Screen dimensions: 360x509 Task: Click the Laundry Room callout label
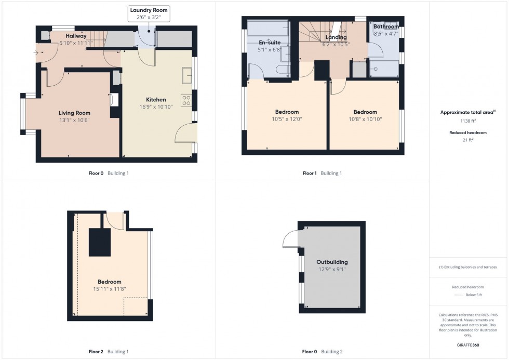(x=150, y=10)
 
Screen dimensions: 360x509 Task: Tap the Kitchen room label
(x=156, y=100)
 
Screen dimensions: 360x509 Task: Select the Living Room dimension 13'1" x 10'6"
(x=74, y=121)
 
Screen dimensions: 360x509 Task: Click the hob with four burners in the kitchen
(x=186, y=100)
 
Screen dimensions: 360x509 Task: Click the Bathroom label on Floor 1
(x=386, y=27)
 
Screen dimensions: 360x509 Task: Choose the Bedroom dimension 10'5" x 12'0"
(x=287, y=119)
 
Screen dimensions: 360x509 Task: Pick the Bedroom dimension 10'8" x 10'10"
(x=365, y=119)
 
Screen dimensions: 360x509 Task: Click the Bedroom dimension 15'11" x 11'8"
(x=110, y=289)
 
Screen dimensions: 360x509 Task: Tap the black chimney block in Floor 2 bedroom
(x=100, y=242)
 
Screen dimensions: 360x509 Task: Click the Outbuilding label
(x=332, y=262)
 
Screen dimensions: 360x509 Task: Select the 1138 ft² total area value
(x=468, y=121)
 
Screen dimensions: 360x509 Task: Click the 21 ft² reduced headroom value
(x=468, y=140)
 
